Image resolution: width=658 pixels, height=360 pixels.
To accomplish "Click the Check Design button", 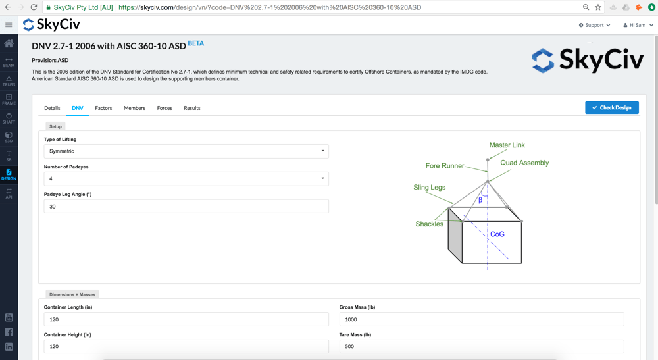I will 612,107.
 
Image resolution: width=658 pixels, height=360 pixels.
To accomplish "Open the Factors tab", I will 103,108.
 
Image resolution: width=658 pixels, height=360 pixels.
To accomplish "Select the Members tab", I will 134,108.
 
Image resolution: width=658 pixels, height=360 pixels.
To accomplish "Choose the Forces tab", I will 164,108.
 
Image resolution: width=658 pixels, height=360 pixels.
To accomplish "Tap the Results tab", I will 192,108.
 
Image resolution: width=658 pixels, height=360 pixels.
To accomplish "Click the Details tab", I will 52,108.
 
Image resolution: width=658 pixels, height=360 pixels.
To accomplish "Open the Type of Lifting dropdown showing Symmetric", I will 186,151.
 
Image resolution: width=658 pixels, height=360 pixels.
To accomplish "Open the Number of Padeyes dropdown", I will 186,179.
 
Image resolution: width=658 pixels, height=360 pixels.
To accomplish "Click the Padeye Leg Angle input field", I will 186,207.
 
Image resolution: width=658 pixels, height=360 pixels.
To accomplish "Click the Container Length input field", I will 186,319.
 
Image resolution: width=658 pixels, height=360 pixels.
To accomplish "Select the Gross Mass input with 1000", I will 481,319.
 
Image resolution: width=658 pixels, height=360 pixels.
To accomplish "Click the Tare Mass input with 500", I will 481,346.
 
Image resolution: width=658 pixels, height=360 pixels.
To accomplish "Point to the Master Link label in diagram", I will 507,145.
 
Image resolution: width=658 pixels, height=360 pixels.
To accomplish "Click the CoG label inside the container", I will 497,234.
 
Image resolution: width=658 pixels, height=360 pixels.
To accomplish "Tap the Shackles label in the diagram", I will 429,224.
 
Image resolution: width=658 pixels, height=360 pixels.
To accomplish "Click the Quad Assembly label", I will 524,163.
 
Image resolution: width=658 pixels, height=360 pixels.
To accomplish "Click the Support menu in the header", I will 594,25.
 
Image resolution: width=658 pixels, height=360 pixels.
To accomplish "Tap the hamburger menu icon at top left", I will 9,25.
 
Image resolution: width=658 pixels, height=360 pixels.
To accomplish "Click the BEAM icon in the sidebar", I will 9,62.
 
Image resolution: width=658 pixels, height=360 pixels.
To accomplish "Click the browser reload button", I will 34,7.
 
